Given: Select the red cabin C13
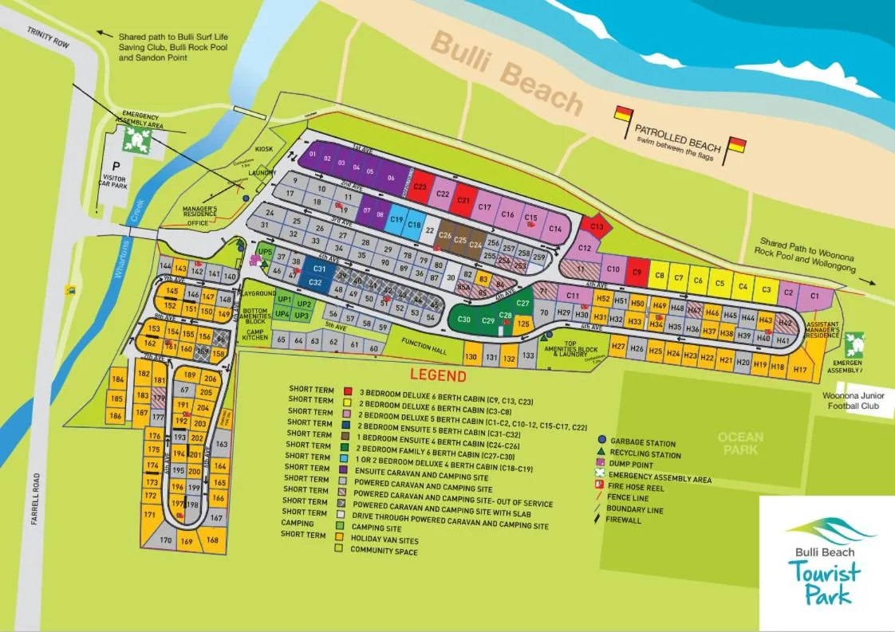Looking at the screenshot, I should click(597, 227).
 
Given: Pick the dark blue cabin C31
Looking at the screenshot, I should click(318, 270).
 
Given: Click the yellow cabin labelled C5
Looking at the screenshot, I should click(719, 283).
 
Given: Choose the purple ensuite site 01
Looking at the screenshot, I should click(313, 154).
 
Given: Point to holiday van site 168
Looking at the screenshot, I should click(212, 540).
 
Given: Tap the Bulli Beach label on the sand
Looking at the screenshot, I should click(507, 73).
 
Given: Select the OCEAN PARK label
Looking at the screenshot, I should click(740, 443).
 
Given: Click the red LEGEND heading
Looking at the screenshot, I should click(438, 375).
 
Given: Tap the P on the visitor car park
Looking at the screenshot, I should click(116, 171).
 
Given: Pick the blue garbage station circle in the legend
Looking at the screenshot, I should click(602, 439).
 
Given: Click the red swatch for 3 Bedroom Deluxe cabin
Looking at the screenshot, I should click(348, 391).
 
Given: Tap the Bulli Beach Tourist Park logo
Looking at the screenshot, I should click(826, 561).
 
